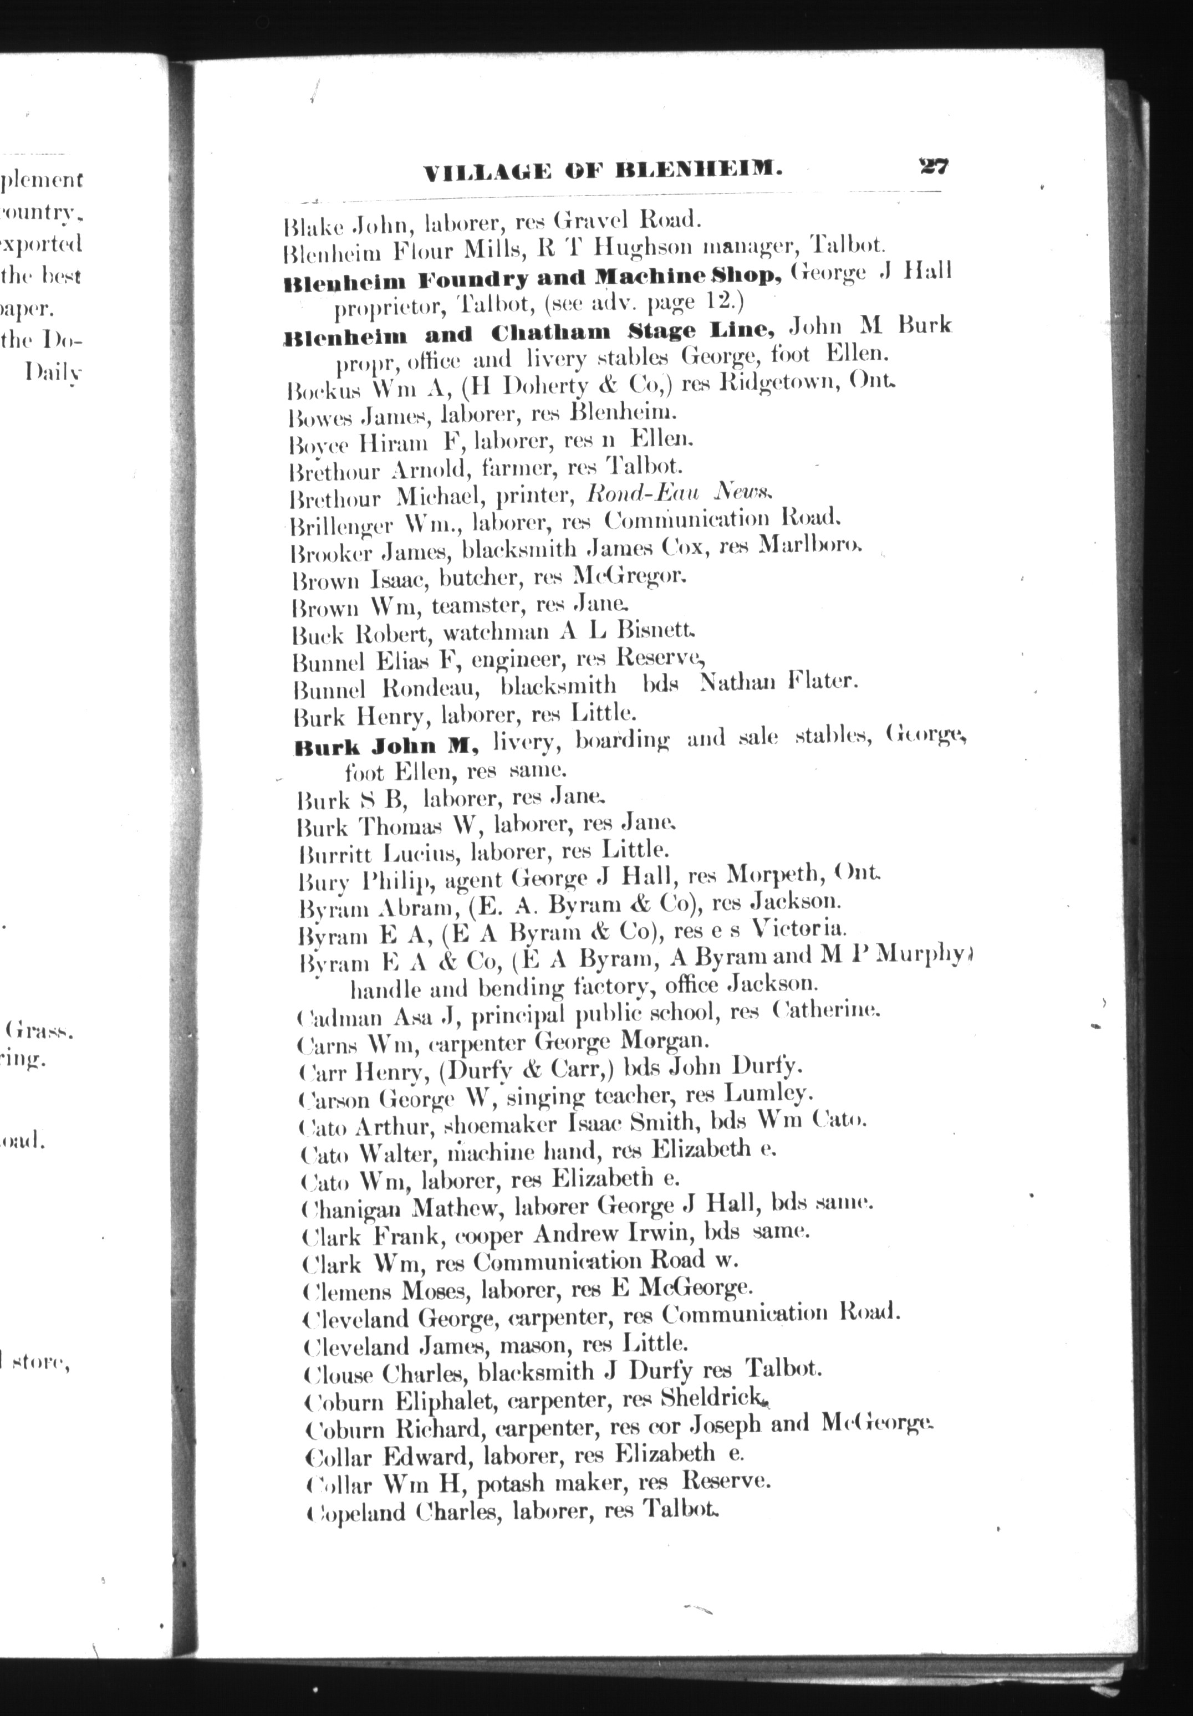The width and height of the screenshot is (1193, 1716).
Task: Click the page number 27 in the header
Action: point(934,165)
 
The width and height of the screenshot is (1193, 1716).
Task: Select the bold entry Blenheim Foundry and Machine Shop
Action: point(533,279)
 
